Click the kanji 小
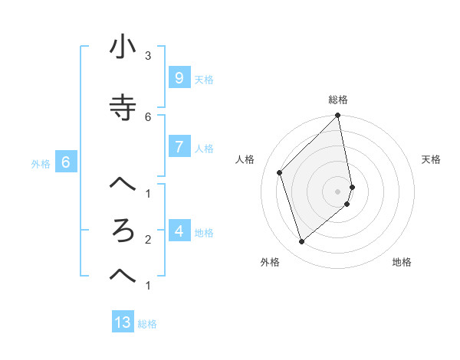123,47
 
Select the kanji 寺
123,108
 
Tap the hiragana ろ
123,231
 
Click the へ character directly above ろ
123,184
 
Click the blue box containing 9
179,78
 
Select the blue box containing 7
179,147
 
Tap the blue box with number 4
179,231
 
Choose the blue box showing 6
66,162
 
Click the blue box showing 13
123,322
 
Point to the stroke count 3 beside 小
148,55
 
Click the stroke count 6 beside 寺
148,116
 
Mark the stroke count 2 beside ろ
148,239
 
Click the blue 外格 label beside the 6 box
41,163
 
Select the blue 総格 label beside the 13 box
147,324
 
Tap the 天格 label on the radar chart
431,159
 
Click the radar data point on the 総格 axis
338,116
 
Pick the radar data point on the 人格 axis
280,172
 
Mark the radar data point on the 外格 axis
301,241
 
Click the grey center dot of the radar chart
338,191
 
